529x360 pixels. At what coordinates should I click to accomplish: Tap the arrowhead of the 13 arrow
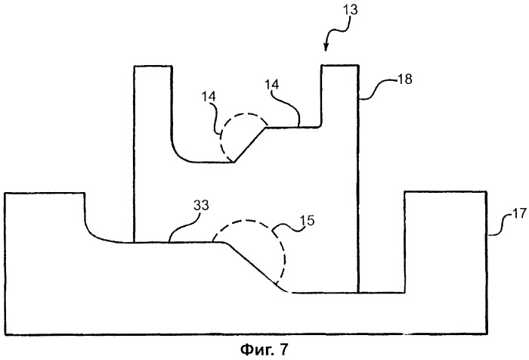click(x=326, y=51)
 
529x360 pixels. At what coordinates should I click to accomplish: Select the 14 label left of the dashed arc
click(x=208, y=98)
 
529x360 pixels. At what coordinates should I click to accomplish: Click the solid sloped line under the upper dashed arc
click(x=249, y=144)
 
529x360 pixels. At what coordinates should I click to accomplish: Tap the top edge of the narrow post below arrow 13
click(x=340, y=66)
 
